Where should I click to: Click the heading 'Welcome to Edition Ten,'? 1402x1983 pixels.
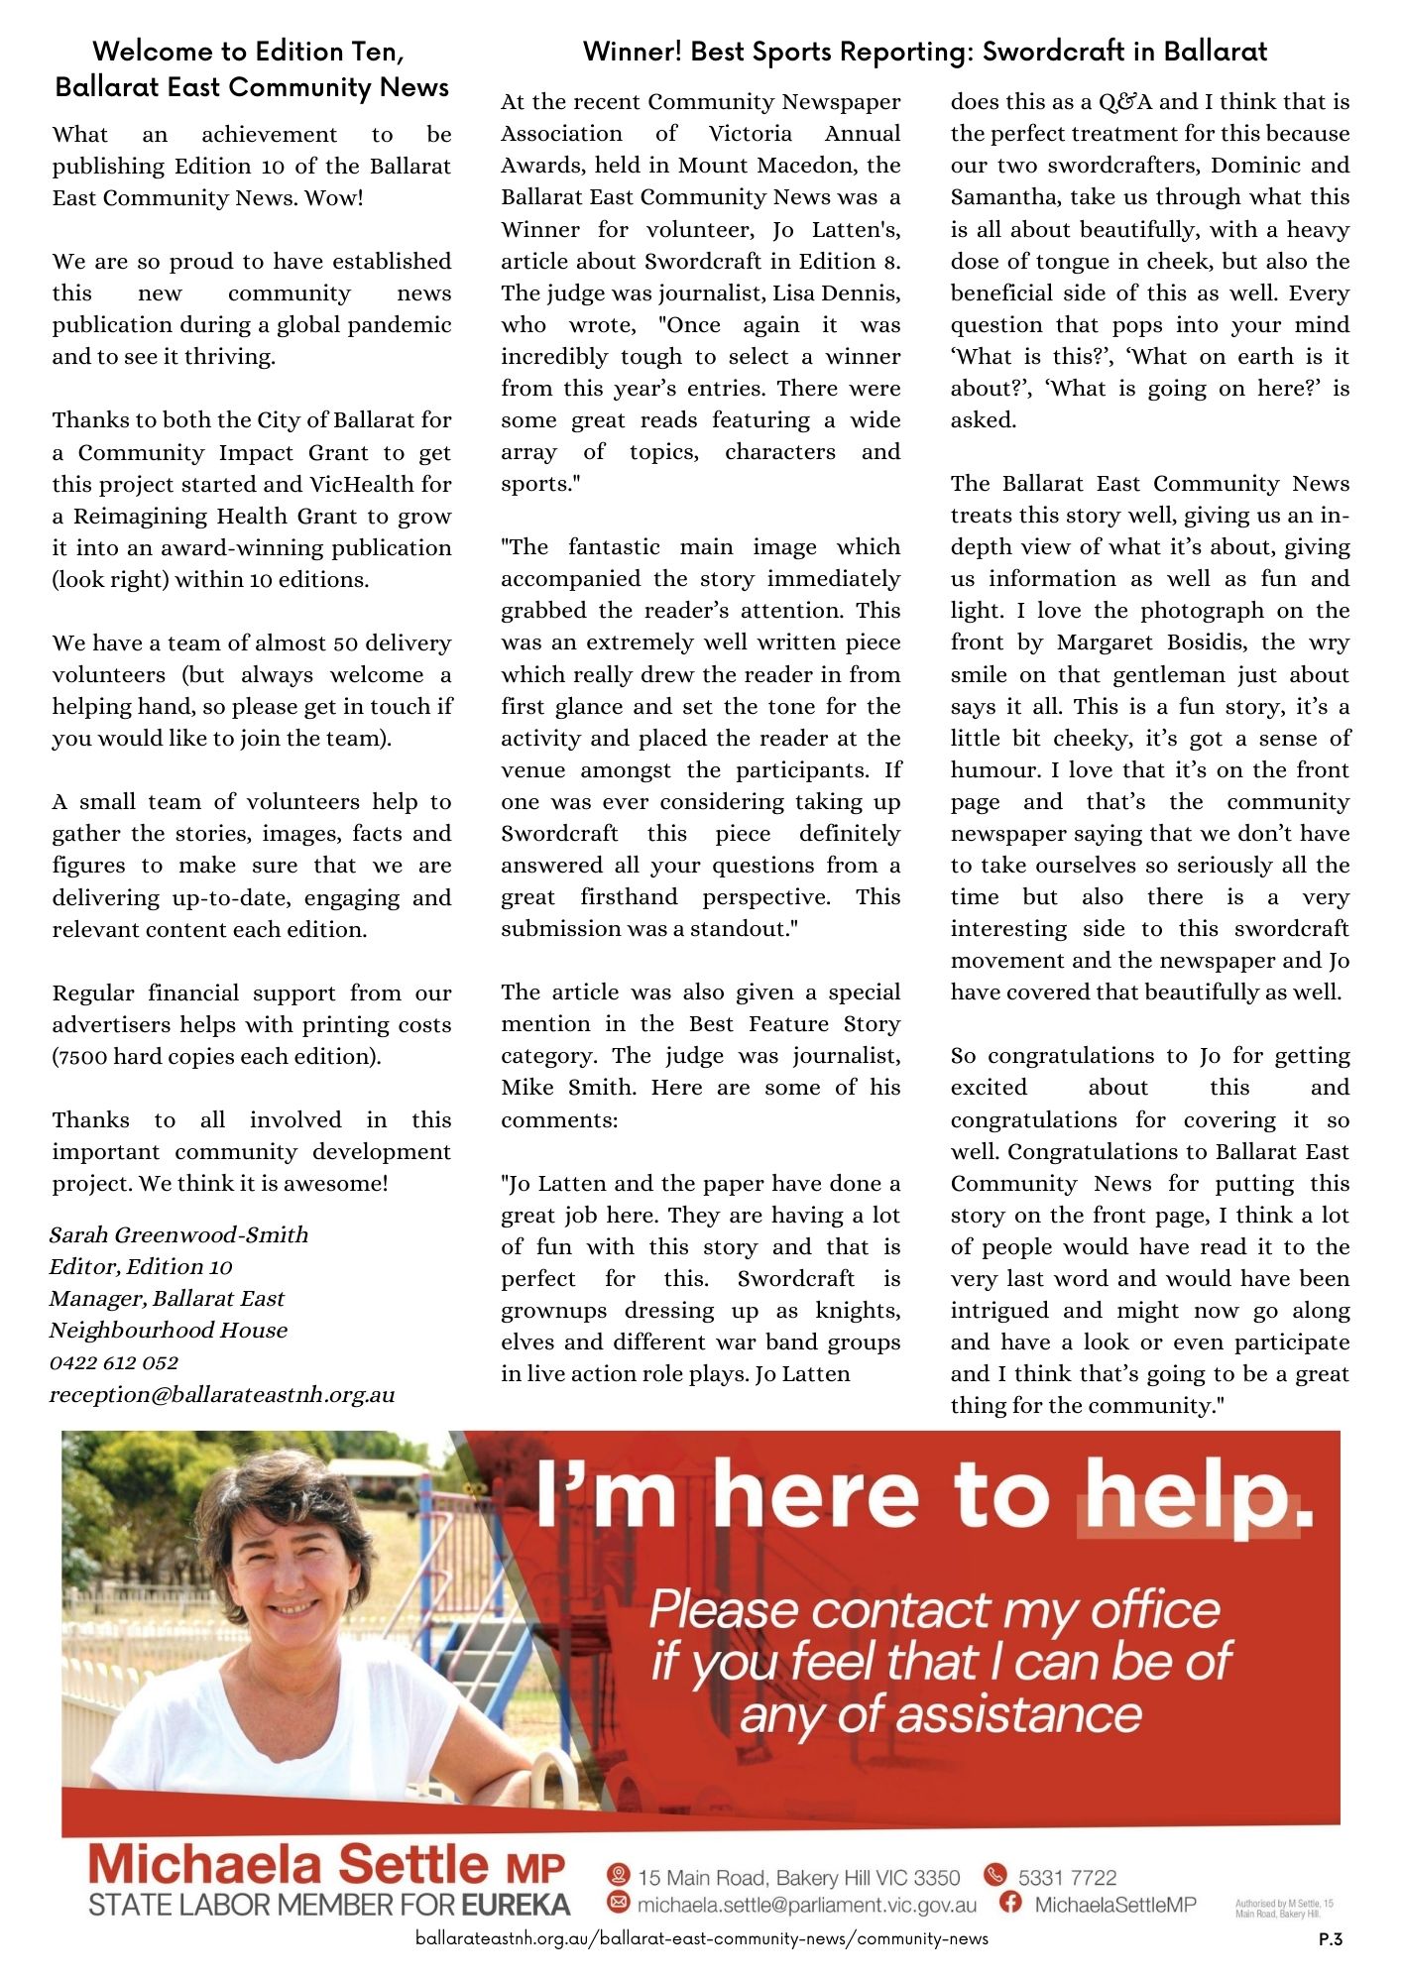tap(248, 51)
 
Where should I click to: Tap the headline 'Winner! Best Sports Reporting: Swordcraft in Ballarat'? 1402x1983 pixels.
tap(924, 51)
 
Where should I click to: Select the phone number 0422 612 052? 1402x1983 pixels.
tap(114, 1362)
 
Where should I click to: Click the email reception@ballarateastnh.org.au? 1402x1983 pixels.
tap(222, 1394)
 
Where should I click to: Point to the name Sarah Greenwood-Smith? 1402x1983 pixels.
tap(178, 1234)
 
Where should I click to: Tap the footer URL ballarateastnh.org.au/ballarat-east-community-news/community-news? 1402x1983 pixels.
tap(702, 1938)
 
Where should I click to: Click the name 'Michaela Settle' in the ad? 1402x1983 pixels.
tap(288, 1866)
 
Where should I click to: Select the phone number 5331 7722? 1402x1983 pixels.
tap(1067, 1877)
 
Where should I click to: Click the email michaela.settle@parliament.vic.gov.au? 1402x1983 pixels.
tap(806, 1905)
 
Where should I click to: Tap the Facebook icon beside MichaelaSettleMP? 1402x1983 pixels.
tap(1010, 1903)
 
